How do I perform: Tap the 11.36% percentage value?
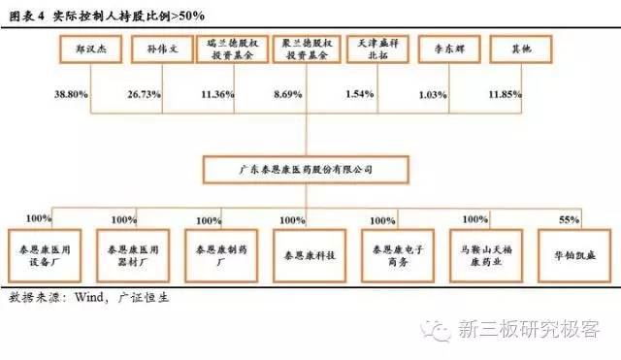point(219,95)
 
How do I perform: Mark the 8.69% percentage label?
point(288,95)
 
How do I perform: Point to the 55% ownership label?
point(569,221)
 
